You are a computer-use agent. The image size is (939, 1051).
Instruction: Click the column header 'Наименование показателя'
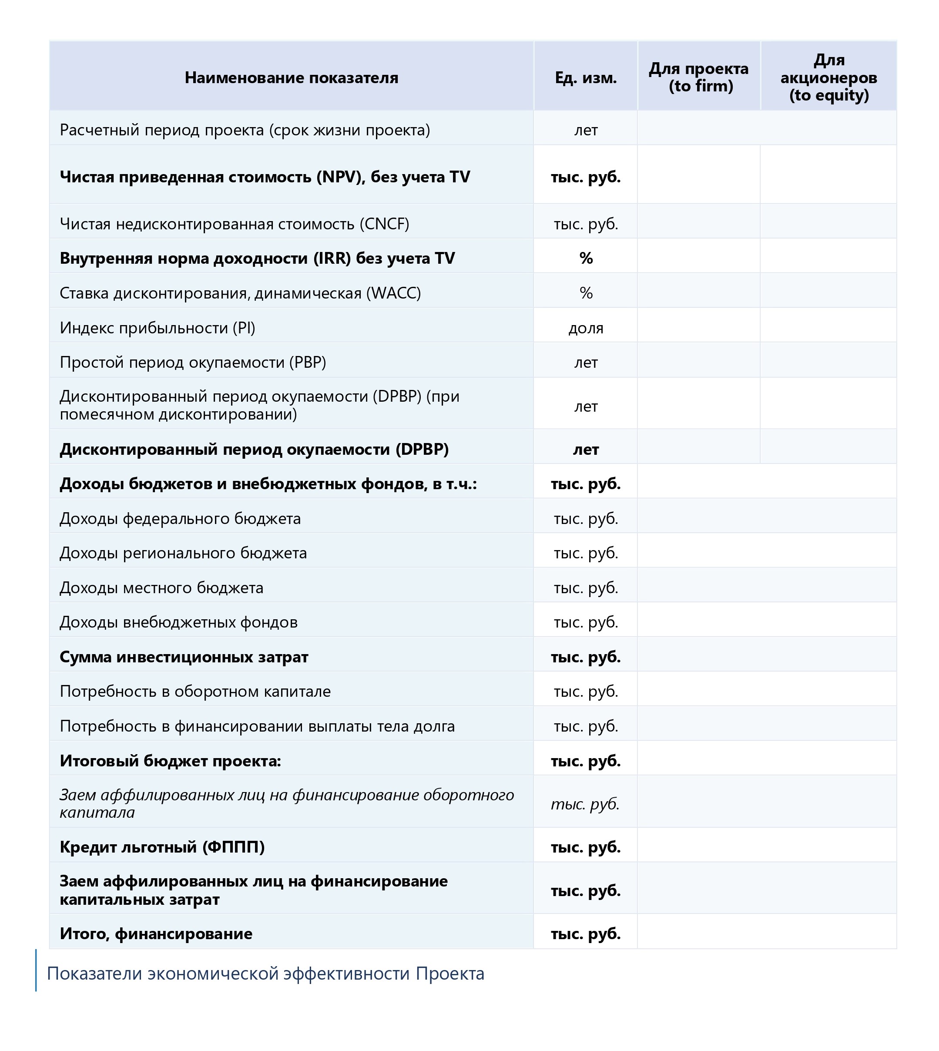click(x=292, y=78)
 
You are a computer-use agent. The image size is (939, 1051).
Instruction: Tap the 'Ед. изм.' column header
click(x=586, y=78)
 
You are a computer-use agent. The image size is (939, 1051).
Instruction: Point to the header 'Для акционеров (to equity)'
click(x=828, y=77)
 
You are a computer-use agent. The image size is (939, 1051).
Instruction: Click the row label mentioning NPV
click(x=265, y=177)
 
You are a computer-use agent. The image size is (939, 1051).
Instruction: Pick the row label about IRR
click(x=257, y=258)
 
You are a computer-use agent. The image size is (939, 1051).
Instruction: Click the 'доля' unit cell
click(x=586, y=328)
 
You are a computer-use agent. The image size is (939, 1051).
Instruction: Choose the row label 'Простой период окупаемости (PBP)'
click(x=192, y=362)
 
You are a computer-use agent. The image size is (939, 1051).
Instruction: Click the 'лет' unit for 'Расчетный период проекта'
click(x=586, y=130)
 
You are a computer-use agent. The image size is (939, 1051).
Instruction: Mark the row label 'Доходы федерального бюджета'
click(x=180, y=518)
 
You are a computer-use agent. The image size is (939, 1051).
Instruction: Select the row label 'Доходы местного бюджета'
click(x=161, y=588)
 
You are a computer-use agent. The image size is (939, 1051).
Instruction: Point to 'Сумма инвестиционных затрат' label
click(x=184, y=657)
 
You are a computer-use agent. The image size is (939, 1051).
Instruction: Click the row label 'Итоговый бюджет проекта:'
click(x=170, y=761)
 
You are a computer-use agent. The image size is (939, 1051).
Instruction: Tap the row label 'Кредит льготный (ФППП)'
click(x=162, y=847)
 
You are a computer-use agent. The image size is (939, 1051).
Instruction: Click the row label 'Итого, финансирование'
click(x=156, y=933)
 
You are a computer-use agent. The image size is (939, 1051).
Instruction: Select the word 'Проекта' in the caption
click(x=450, y=974)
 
